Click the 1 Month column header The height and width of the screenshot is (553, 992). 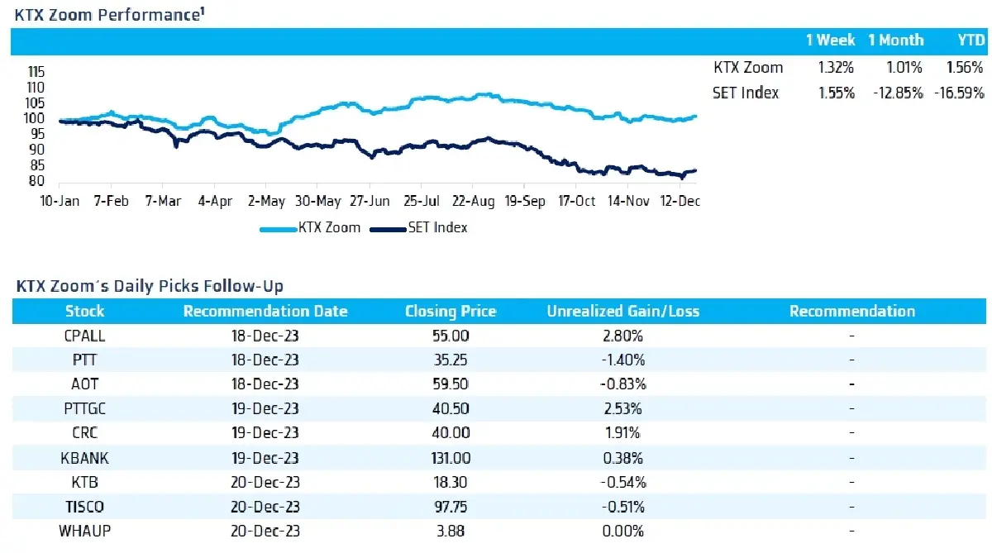(896, 41)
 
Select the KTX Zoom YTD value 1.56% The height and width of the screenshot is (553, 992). (965, 67)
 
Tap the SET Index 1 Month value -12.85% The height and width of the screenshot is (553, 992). (898, 93)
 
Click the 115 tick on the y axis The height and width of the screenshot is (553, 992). (36, 71)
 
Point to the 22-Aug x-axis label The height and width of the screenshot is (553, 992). (473, 201)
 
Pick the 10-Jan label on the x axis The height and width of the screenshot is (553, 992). (60, 201)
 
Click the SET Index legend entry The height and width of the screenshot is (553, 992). (418, 227)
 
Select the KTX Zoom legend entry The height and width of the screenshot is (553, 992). (310, 227)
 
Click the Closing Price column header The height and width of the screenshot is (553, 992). (451, 312)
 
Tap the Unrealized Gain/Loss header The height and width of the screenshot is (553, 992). (622, 312)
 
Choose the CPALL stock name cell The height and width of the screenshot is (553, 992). (84, 336)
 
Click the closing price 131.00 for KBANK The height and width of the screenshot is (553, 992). (451, 458)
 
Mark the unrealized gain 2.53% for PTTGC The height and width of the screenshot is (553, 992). (622, 408)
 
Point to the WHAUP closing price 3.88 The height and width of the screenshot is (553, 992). (451, 531)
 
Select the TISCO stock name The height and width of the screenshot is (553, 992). (84, 507)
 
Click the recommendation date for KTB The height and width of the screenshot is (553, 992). (265, 482)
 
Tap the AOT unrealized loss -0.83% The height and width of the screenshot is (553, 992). (622, 384)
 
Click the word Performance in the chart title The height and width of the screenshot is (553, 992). (150, 15)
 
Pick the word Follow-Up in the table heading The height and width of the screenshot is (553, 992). (243, 287)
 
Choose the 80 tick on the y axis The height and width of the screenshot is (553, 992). (36, 181)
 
